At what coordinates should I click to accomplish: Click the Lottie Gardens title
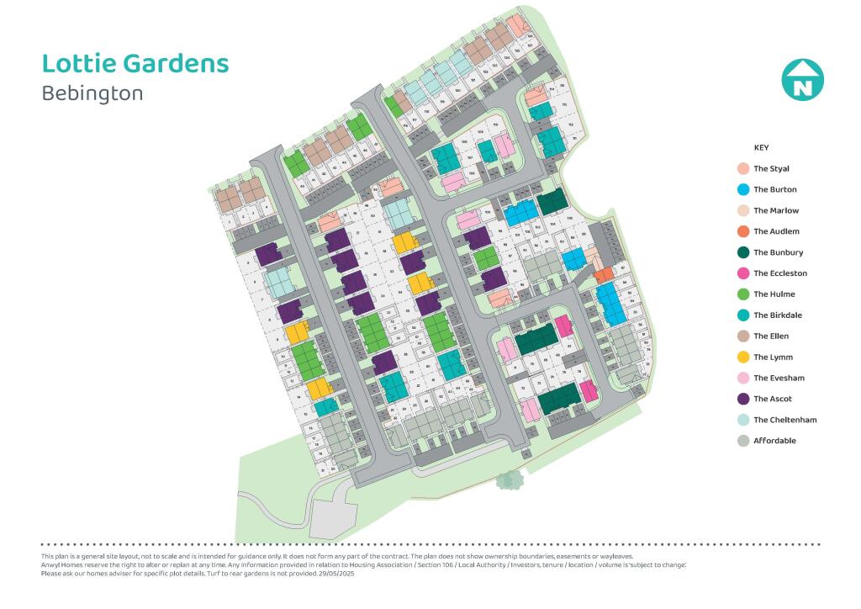tap(135, 64)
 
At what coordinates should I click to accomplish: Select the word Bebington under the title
tap(92, 93)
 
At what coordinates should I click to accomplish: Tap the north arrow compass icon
tap(802, 81)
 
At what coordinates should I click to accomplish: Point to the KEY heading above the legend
tap(761, 148)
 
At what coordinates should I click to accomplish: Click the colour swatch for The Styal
tap(742, 169)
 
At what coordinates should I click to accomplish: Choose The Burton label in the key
tap(774, 190)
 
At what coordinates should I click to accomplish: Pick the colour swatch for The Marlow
tap(742, 211)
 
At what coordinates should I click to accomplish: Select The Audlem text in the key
tap(776, 231)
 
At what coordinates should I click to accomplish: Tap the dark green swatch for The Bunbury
tap(742, 252)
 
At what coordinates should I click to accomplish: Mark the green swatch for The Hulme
tap(742, 294)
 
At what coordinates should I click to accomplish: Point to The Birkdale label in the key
tap(778, 315)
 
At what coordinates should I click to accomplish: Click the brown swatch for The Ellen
tap(742, 336)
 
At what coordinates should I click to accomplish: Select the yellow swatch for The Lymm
tap(742, 357)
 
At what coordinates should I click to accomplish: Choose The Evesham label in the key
tap(778, 379)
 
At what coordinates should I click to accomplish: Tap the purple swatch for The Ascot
tap(742, 399)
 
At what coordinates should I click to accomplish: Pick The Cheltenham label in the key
tap(784, 420)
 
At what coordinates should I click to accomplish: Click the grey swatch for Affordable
tap(742, 441)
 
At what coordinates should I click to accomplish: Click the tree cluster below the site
tap(509, 480)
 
